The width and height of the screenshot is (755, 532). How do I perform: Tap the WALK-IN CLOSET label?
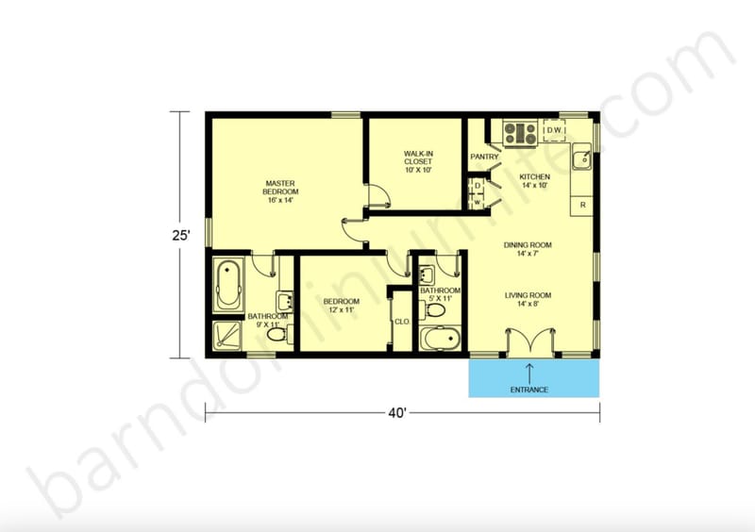(417, 162)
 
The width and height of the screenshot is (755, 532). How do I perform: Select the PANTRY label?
(484, 157)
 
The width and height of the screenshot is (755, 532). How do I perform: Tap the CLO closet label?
(401, 321)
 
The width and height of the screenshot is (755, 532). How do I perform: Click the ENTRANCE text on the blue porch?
(529, 390)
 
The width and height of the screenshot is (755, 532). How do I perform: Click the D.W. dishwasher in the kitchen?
(555, 131)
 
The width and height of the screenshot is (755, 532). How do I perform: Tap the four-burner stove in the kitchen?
(520, 133)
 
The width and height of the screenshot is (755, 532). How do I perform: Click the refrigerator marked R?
(583, 204)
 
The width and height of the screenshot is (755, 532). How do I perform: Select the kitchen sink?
(582, 158)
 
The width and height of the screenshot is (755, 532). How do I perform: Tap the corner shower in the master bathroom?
(227, 335)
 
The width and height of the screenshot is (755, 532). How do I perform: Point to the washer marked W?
(478, 201)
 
